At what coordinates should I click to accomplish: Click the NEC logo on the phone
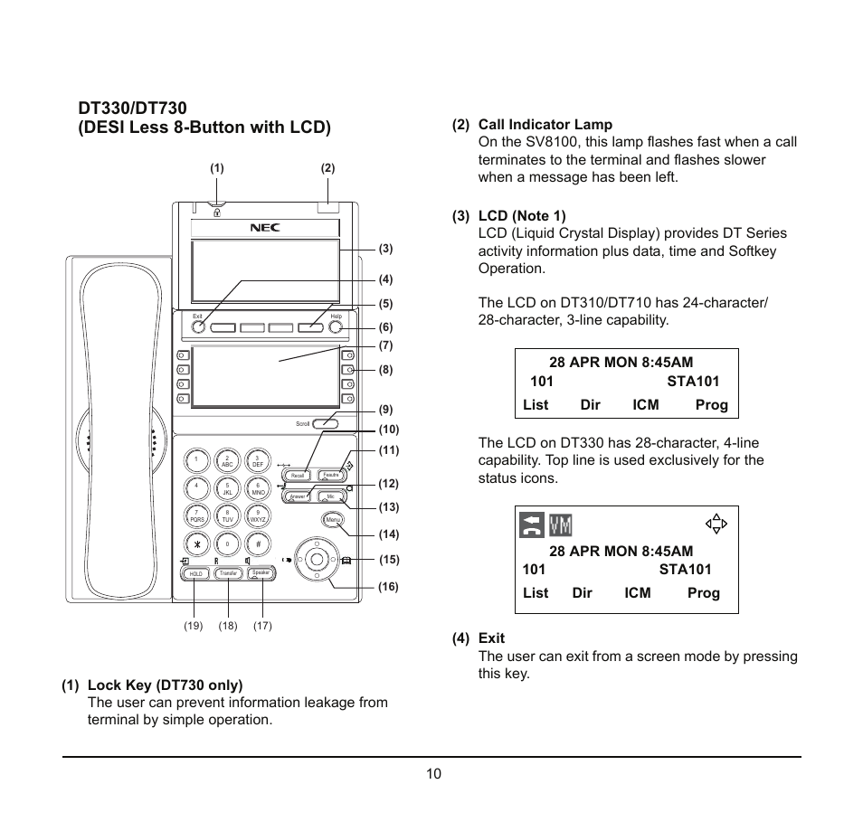coord(265,227)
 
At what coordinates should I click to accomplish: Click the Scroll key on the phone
coord(326,423)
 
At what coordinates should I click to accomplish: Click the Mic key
coord(331,496)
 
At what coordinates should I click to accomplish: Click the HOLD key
coord(196,573)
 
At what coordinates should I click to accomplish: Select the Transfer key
coord(229,573)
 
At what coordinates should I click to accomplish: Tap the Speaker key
coord(261,573)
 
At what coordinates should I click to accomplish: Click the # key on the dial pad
coord(258,543)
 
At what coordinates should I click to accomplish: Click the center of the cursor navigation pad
coord(317,560)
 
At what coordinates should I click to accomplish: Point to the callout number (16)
coord(389,587)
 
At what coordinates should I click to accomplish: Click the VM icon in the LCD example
coord(561,524)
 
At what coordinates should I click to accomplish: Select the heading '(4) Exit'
coord(479,638)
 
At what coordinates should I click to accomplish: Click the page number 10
coord(434,773)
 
